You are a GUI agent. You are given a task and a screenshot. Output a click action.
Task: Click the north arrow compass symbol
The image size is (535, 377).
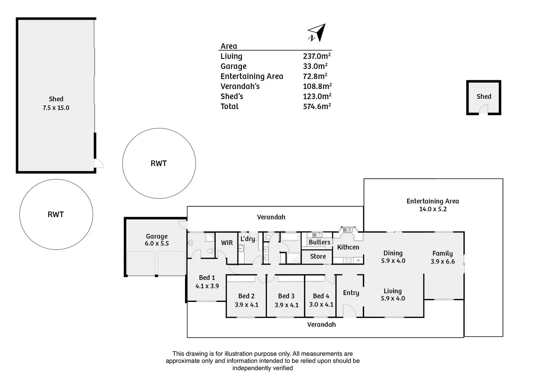click(x=317, y=33)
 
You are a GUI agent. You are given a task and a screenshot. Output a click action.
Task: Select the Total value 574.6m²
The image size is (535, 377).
click(x=317, y=106)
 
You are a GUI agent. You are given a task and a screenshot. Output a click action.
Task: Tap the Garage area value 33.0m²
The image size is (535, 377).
click(x=315, y=66)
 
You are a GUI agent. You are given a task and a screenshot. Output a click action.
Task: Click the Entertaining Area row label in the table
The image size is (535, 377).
click(x=252, y=76)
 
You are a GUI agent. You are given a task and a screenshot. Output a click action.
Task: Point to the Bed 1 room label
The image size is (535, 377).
click(x=207, y=278)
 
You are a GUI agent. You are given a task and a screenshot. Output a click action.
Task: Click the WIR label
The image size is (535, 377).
click(x=227, y=243)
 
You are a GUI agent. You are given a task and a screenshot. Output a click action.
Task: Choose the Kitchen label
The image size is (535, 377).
click(x=348, y=247)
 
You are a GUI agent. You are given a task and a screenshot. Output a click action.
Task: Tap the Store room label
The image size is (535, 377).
click(x=318, y=256)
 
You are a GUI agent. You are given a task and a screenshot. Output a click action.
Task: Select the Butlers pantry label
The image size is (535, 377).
click(x=319, y=242)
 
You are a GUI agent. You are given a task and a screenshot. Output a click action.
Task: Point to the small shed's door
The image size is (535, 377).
click(x=483, y=109)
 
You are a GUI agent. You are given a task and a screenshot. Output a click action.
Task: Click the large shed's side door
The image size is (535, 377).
click(x=99, y=163)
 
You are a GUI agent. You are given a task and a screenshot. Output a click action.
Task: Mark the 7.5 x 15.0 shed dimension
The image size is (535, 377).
click(x=56, y=108)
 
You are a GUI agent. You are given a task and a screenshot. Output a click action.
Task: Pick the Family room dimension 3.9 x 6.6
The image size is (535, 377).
click(x=443, y=261)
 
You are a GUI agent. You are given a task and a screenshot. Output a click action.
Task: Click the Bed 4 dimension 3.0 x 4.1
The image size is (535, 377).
click(x=321, y=304)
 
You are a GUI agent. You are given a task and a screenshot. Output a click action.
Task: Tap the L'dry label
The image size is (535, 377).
click(x=247, y=239)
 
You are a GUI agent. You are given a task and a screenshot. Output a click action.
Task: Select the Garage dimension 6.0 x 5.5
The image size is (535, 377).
click(x=157, y=243)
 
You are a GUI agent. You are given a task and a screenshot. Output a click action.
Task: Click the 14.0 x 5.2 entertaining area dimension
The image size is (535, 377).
click(x=433, y=209)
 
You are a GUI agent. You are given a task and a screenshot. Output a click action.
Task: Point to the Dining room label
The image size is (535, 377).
click(x=393, y=253)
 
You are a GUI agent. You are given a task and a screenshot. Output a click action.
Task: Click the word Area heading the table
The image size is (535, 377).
click(x=229, y=46)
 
